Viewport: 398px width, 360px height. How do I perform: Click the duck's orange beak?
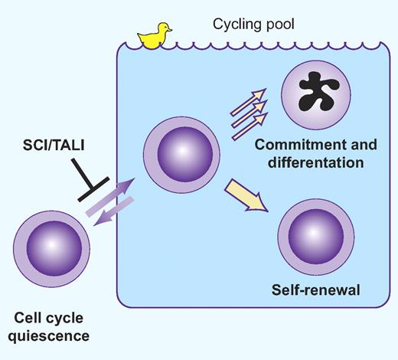tap(170, 29)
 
